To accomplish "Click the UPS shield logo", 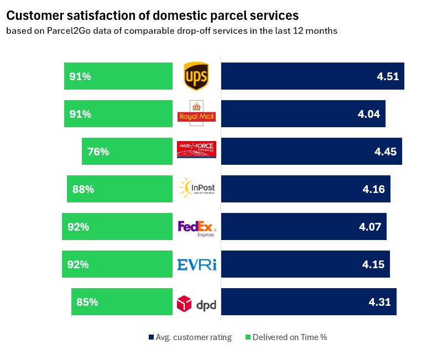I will click(x=196, y=76).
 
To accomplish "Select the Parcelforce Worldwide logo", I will click(x=196, y=149).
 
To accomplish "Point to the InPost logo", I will click(x=197, y=189).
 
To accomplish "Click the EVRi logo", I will click(x=197, y=264).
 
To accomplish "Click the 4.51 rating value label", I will click(x=388, y=76).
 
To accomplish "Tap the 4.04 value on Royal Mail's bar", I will click(x=369, y=114).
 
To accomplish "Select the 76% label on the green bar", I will click(x=98, y=152).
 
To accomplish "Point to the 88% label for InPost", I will click(x=83, y=189).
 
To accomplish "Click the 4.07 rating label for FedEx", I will click(x=370, y=227).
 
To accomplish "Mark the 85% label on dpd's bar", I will click(x=87, y=302).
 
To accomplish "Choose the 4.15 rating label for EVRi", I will click(x=373, y=264).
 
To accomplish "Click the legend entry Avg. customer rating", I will click(x=190, y=337).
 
